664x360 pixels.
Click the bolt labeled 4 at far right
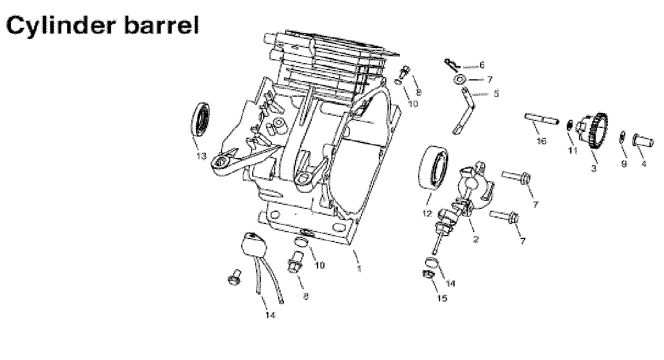(643, 139)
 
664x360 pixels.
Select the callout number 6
(482, 65)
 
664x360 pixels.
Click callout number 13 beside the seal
(201, 156)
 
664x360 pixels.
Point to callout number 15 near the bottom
(442, 299)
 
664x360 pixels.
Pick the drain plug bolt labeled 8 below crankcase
(297, 265)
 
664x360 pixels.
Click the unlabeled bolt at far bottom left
(234, 278)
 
